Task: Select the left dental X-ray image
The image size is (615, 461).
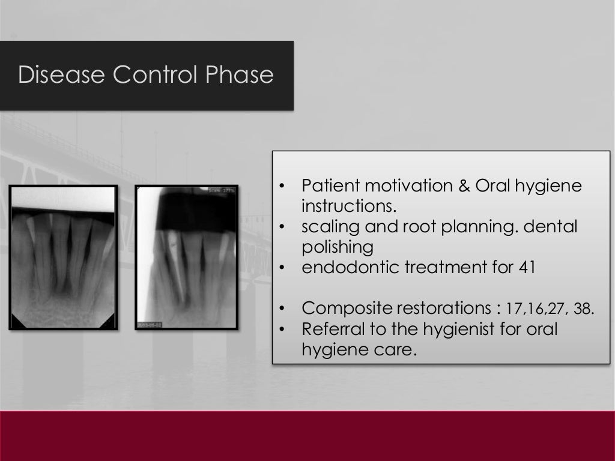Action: pos(63,258)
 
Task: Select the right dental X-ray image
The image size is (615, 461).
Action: pos(187,258)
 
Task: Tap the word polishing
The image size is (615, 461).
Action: pos(337,247)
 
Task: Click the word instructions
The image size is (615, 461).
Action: pos(349,206)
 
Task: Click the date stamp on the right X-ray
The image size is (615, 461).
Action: pos(150,324)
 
